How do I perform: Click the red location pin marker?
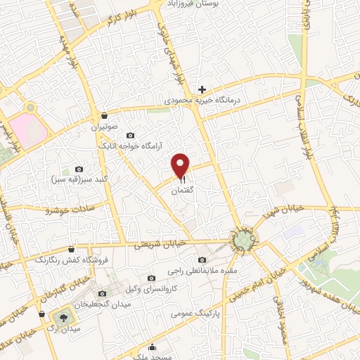coord(181,165)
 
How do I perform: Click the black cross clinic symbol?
coord(202,89)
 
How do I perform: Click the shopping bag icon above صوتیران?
coord(105,115)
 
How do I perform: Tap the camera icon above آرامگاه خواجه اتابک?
coord(129,135)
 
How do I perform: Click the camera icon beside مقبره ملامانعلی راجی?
coord(202,261)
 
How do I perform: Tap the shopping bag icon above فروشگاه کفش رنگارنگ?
coord(72,249)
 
